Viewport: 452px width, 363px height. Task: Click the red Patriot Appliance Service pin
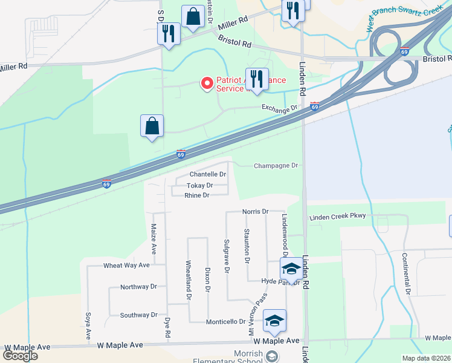pos(207,83)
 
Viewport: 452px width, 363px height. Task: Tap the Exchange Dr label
pos(280,108)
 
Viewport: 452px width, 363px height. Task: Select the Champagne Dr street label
pos(276,166)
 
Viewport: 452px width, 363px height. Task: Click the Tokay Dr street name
pos(199,186)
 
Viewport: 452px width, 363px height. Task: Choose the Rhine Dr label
pos(196,195)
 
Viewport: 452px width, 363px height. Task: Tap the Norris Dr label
pos(254,212)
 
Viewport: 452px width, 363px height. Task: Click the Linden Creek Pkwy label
pos(338,217)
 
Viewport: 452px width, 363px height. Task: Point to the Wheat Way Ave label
pos(126,266)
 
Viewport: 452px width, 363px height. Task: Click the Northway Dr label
pos(138,287)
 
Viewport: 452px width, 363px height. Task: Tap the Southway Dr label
pos(138,315)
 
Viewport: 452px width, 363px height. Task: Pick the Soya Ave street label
pos(88,325)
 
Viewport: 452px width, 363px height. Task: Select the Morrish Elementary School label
pos(228,357)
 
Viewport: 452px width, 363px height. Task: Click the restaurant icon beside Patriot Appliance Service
pos(257,79)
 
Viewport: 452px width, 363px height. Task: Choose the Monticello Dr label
pos(225,322)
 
